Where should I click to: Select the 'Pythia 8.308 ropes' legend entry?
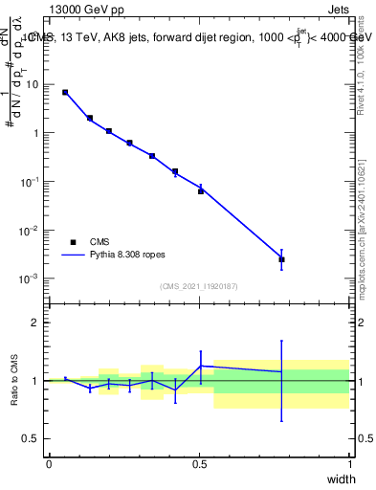pyautogui.click(x=107, y=256)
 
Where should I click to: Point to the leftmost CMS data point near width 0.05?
pyautogui.click(x=65, y=93)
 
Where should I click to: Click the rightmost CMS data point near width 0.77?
pyautogui.click(x=281, y=259)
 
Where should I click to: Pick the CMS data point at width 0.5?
pyautogui.click(x=201, y=191)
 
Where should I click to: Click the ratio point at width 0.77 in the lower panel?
pyautogui.click(x=281, y=371)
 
